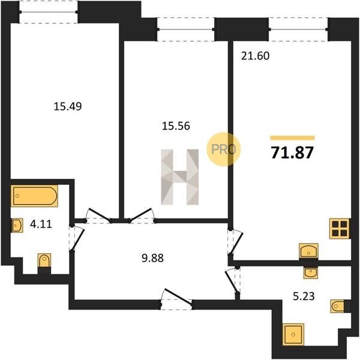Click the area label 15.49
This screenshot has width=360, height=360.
click(67, 107)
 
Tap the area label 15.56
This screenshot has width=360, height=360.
click(176, 126)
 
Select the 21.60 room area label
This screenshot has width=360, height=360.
click(255, 56)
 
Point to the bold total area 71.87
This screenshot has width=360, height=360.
click(292, 152)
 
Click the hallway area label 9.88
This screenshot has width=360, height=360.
click(152, 258)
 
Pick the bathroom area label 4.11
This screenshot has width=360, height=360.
click(41, 224)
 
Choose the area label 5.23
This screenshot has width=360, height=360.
click(304, 296)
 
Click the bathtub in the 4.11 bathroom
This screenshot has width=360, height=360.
click(34, 196)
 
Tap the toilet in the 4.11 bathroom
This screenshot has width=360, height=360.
click(44, 260)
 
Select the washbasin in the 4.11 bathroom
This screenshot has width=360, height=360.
click(17, 226)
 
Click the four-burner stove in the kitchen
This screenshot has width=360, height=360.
click(340, 229)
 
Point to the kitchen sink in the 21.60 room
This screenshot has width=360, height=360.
click(308, 251)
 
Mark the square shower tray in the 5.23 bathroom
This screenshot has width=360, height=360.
click(293, 334)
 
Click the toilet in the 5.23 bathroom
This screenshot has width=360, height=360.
click(338, 306)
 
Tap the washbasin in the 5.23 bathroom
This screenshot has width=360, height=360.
click(310, 273)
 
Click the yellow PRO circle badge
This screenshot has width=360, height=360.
click(223, 149)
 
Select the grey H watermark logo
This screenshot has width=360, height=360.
click(180, 177)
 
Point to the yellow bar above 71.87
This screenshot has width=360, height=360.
click(292, 138)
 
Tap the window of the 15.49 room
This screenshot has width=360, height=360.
click(48, 12)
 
